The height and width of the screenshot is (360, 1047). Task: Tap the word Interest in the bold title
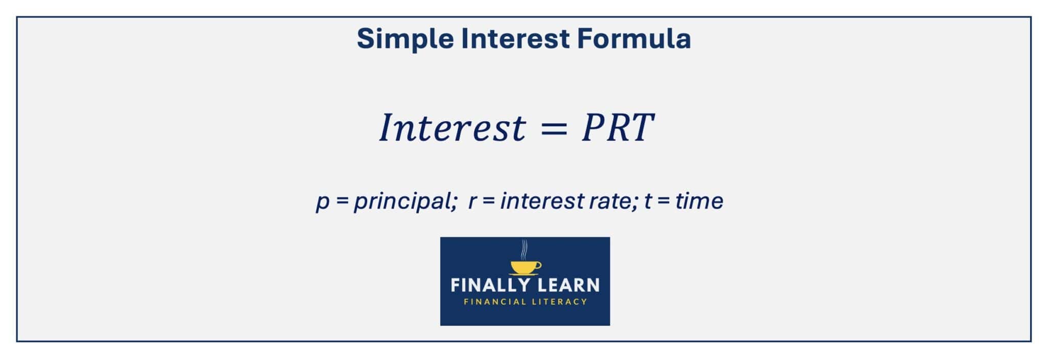[x=515, y=39]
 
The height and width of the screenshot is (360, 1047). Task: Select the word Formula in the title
[x=634, y=39]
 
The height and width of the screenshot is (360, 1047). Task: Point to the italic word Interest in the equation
[x=452, y=128]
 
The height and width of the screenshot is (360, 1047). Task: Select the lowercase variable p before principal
[x=323, y=201]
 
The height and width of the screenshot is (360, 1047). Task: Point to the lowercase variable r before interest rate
[x=472, y=201]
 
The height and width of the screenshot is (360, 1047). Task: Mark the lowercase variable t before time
[x=648, y=201]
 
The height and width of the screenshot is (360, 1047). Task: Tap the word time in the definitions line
[x=699, y=201]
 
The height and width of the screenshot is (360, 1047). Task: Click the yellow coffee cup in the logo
[x=526, y=267]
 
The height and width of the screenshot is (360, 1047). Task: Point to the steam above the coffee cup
[x=524, y=249]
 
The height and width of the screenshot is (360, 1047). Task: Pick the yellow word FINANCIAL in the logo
[x=495, y=302]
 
